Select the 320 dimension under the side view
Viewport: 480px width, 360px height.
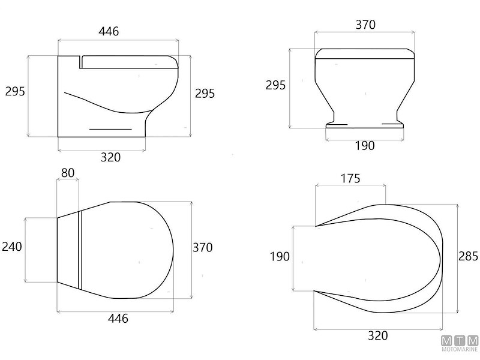pos(110,157)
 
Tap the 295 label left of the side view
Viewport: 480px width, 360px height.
pos(15,91)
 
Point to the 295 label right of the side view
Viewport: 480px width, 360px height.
pos(205,93)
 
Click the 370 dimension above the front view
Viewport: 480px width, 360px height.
pos(365,25)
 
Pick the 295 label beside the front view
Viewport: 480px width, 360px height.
pos(275,85)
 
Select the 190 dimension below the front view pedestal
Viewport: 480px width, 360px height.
pos(365,146)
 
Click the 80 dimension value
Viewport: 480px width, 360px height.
pos(68,173)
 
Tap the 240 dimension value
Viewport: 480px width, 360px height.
pos(11,246)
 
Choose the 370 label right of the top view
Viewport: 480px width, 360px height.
pos(202,247)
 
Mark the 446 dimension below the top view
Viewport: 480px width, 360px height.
pos(118,319)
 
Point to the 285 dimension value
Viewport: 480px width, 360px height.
pos(468,257)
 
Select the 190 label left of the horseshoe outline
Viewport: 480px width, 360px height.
pos(280,257)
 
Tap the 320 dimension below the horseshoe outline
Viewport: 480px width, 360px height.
pos(378,335)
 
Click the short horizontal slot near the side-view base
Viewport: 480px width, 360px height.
pos(110,129)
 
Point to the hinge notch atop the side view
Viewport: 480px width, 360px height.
pos(80,60)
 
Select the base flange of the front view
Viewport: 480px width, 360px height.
pos(364,125)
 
